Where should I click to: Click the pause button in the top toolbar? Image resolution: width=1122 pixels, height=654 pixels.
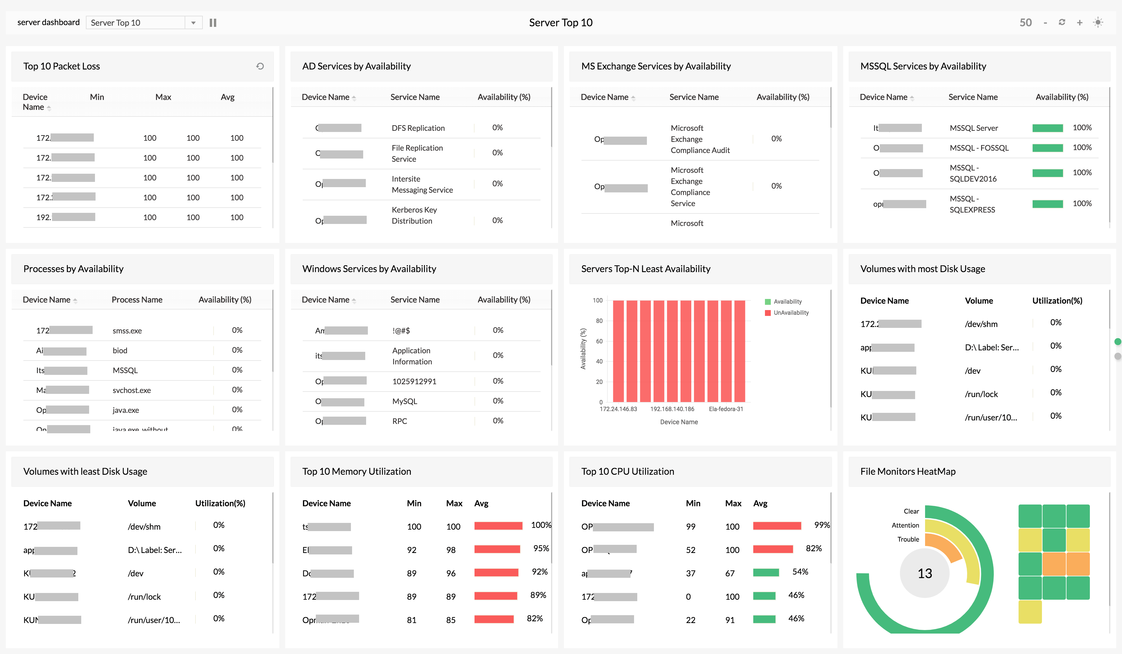(x=213, y=23)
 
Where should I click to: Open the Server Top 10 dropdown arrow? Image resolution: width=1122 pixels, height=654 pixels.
(x=193, y=23)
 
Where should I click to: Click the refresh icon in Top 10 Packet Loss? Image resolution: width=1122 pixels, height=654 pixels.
(x=260, y=66)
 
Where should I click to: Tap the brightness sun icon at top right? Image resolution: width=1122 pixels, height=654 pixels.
(x=1098, y=22)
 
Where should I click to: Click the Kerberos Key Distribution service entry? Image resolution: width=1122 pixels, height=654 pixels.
(x=414, y=215)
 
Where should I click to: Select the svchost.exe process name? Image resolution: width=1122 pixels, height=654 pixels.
(x=131, y=390)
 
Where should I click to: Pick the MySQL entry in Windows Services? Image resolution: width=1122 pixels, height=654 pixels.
(x=404, y=401)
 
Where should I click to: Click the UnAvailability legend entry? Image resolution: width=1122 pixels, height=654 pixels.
(x=790, y=313)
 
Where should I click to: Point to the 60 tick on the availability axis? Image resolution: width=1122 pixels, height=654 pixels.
(x=599, y=341)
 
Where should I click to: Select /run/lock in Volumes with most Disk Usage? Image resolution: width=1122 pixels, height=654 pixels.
(x=981, y=394)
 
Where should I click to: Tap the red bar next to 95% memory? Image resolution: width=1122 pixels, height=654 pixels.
(x=497, y=549)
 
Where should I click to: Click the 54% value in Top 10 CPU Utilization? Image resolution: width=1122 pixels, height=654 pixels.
(x=800, y=572)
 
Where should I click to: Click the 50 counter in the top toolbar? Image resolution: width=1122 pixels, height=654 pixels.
(x=1025, y=23)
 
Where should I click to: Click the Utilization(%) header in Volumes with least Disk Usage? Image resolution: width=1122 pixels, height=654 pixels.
(x=220, y=503)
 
